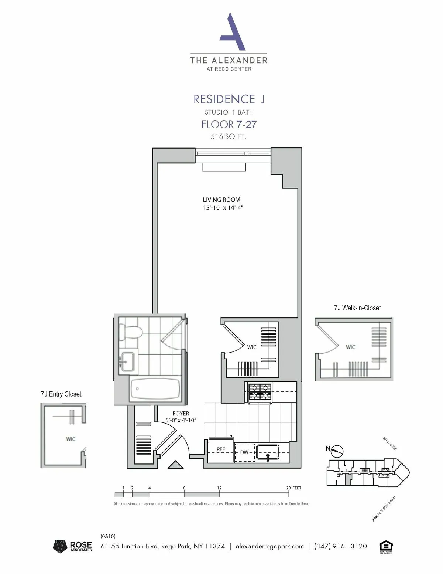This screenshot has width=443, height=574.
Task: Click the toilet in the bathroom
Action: (x=130, y=332)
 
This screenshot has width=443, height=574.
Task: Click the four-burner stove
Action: (x=260, y=393)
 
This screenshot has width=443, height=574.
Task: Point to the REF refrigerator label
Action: (x=221, y=449)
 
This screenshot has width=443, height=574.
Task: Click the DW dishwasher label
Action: (x=244, y=452)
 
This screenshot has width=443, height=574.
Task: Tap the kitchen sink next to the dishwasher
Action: (x=268, y=452)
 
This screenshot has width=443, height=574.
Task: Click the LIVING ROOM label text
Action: (x=221, y=200)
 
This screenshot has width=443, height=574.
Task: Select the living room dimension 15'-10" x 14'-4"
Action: (x=223, y=208)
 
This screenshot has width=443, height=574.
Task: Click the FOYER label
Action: (x=181, y=414)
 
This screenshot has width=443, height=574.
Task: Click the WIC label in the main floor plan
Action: (x=252, y=347)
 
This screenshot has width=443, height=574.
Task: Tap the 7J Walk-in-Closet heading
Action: (x=357, y=308)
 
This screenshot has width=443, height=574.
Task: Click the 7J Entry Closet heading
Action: (x=61, y=394)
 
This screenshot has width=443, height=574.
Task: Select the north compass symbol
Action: (x=337, y=451)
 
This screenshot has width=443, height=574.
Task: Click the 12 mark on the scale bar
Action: (x=219, y=488)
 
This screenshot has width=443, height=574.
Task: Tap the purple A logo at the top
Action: (x=233, y=32)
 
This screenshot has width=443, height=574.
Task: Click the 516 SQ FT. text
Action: (x=229, y=136)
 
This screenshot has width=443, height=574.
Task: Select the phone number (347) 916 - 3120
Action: (x=340, y=546)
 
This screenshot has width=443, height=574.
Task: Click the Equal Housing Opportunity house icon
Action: (x=386, y=546)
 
